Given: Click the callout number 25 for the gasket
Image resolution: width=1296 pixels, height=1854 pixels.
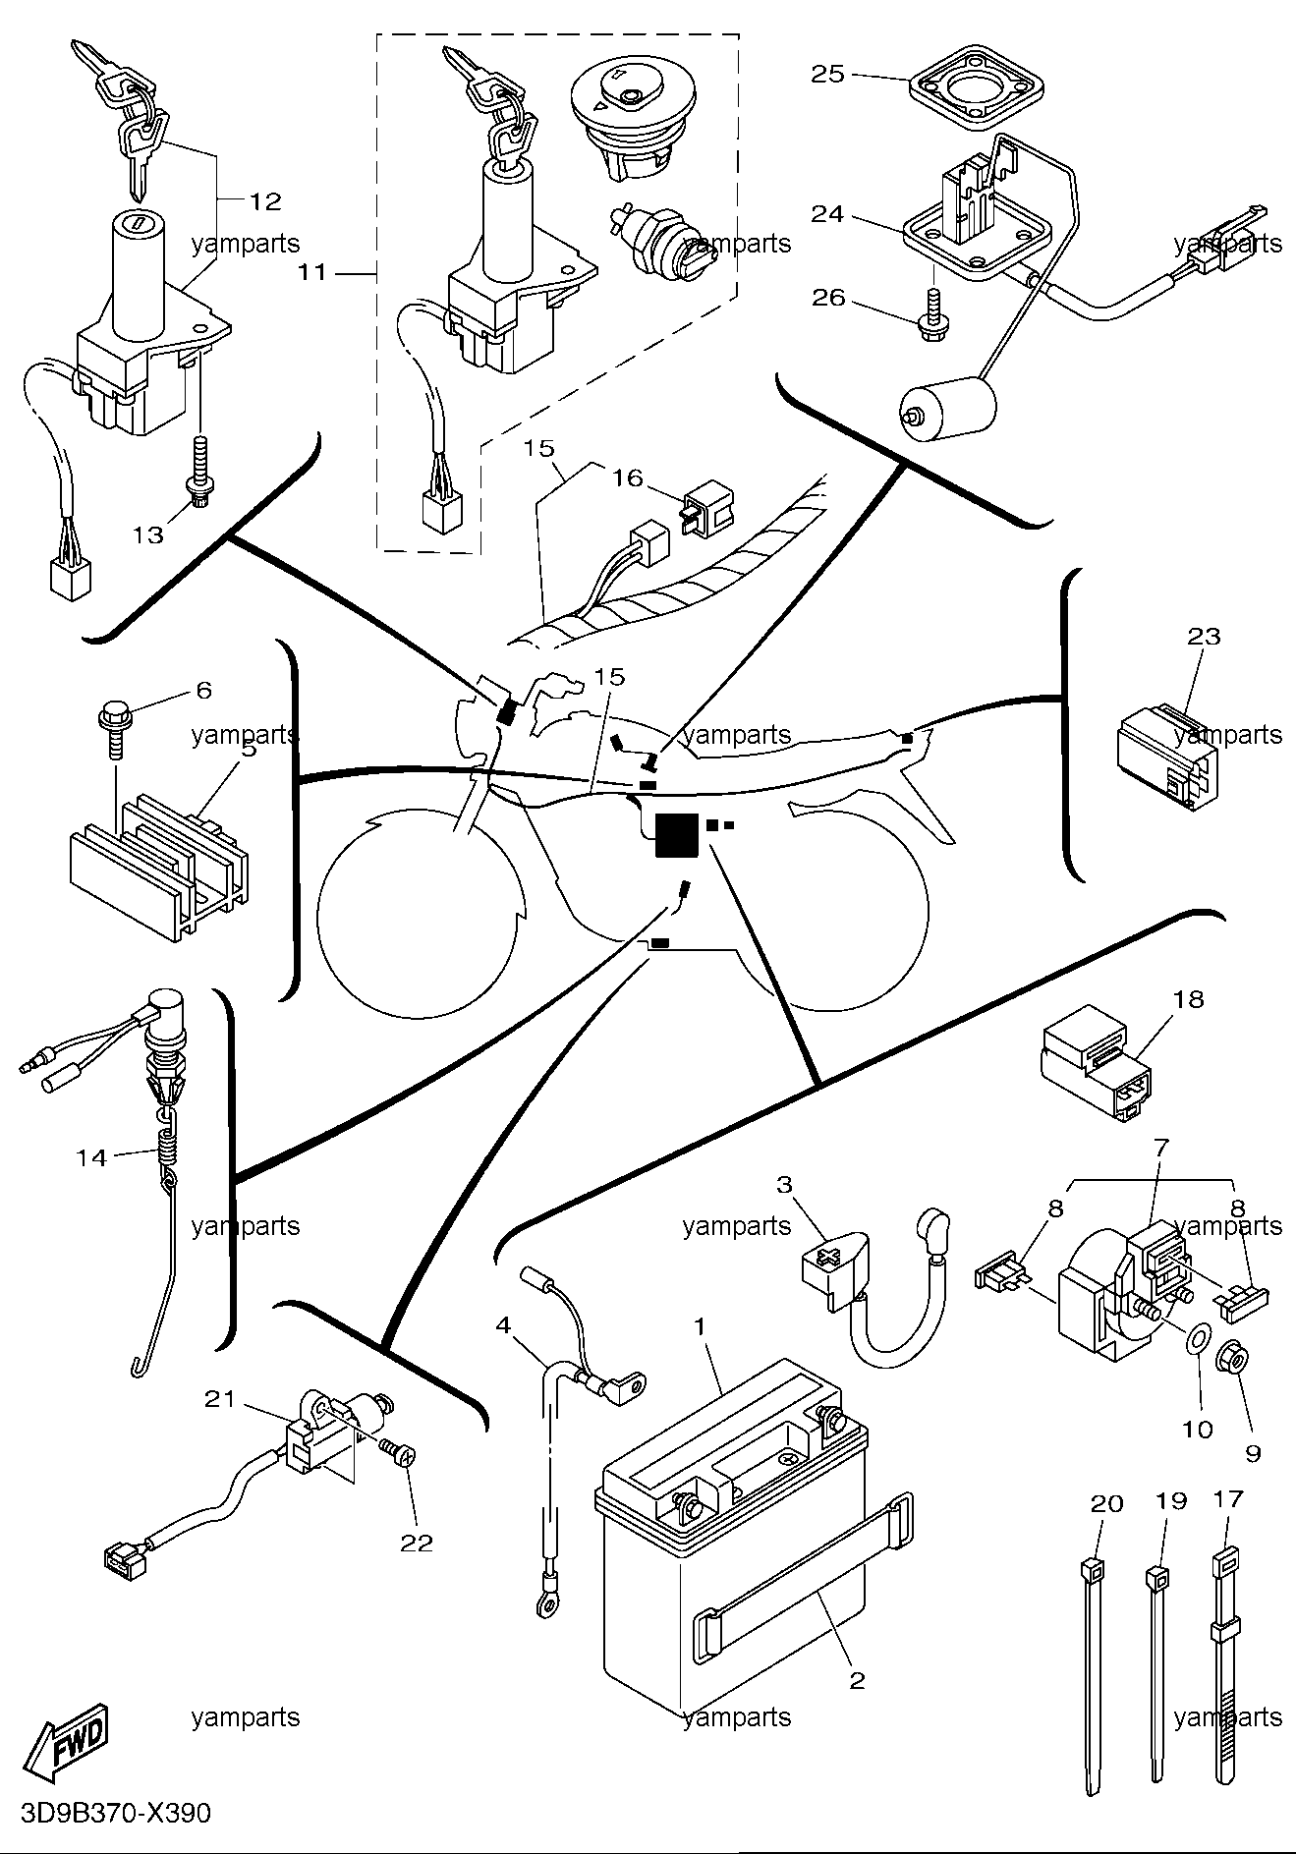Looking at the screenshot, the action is tap(828, 74).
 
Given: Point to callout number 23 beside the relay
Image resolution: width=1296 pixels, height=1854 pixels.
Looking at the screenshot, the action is tap(1204, 637).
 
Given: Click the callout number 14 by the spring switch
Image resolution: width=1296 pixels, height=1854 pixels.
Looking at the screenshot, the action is tap(91, 1158).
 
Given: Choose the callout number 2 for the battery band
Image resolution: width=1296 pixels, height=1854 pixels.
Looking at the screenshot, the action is tap(857, 1681).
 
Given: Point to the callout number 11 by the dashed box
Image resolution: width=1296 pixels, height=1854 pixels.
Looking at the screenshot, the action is tap(311, 272).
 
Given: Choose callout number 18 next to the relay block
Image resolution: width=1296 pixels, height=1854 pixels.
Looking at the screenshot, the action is tap(1187, 999).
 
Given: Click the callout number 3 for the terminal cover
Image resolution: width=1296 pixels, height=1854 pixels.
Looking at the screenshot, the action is tap(784, 1184).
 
